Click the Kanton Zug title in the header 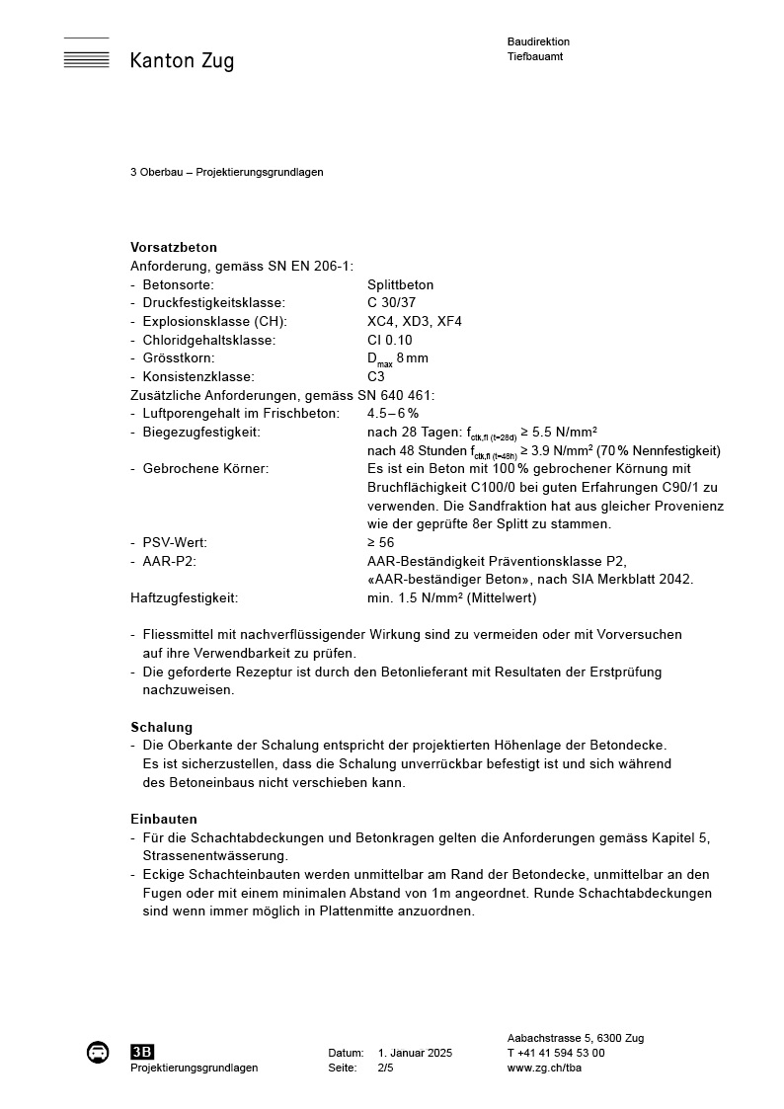pyautogui.click(x=182, y=61)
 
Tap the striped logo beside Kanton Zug pyautogui.click(x=86, y=53)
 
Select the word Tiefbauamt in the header pyautogui.click(x=535, y=56)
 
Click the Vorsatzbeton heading pyautogui.click(x=174, y=247)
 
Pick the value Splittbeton pyautogui.click(x=400, y=284)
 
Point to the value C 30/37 pyautogui.click(x=392, y=303)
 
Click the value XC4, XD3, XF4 pyautogui.click(x=415, y=321)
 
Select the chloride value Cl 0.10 pyautogui.click(x=390, y=340)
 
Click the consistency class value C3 pyautogui.click(x=376, y=376)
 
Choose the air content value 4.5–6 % pyautogui.click(x=393, y=413)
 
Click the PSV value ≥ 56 pyautogui.click(x=380, y=542)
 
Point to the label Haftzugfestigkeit pyautogui.click(x=185, y=597)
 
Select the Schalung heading pyautogui.click(x=162, y=727)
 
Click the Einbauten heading pyautogui.click(x=164, y=819)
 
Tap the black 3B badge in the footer pyautogui.click(x=142, y=1052)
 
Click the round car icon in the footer pyautogui.click(x=98, y=1052)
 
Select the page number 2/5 pyautogui.click(x=386, y=1068)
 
